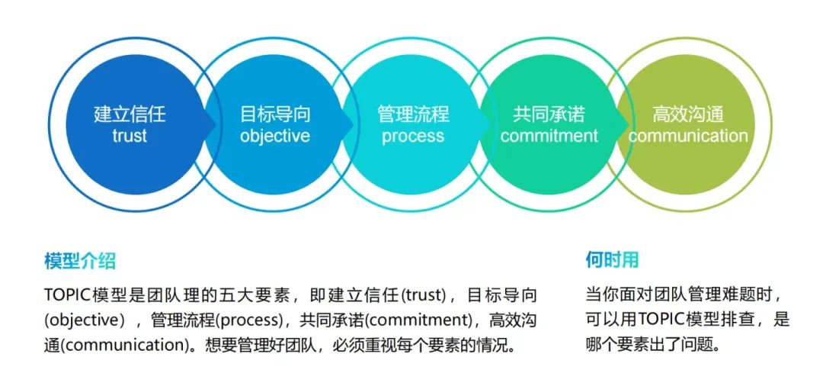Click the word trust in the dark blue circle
[129, 137]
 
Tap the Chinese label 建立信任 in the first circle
[130, 115]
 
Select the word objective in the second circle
[275, 137]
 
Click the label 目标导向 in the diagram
[275, 115]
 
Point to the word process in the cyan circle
[413, 137]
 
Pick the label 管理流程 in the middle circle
[413, 115]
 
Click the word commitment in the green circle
[549, 137]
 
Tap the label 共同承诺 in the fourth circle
[549, 115]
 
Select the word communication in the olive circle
[688, 137]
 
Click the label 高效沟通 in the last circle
[688, 115]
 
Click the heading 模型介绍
[80, 261]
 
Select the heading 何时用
[612, 259]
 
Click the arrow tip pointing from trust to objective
[214, 124]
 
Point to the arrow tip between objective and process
[352, 124]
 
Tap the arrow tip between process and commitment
[490, 124]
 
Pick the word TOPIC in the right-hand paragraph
[661, 319]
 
